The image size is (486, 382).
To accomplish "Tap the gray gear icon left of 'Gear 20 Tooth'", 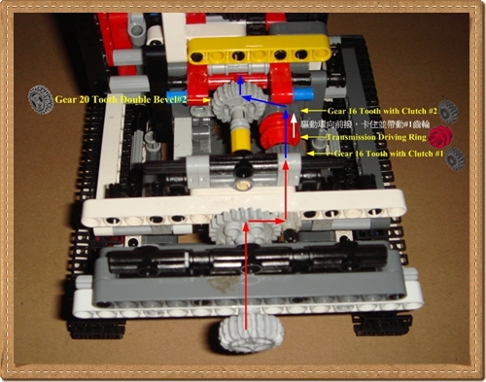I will click(x=39, y=97).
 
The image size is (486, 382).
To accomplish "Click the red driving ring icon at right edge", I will click(x=442, y=135).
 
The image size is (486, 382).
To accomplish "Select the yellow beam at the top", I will click(x=243, y=52).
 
